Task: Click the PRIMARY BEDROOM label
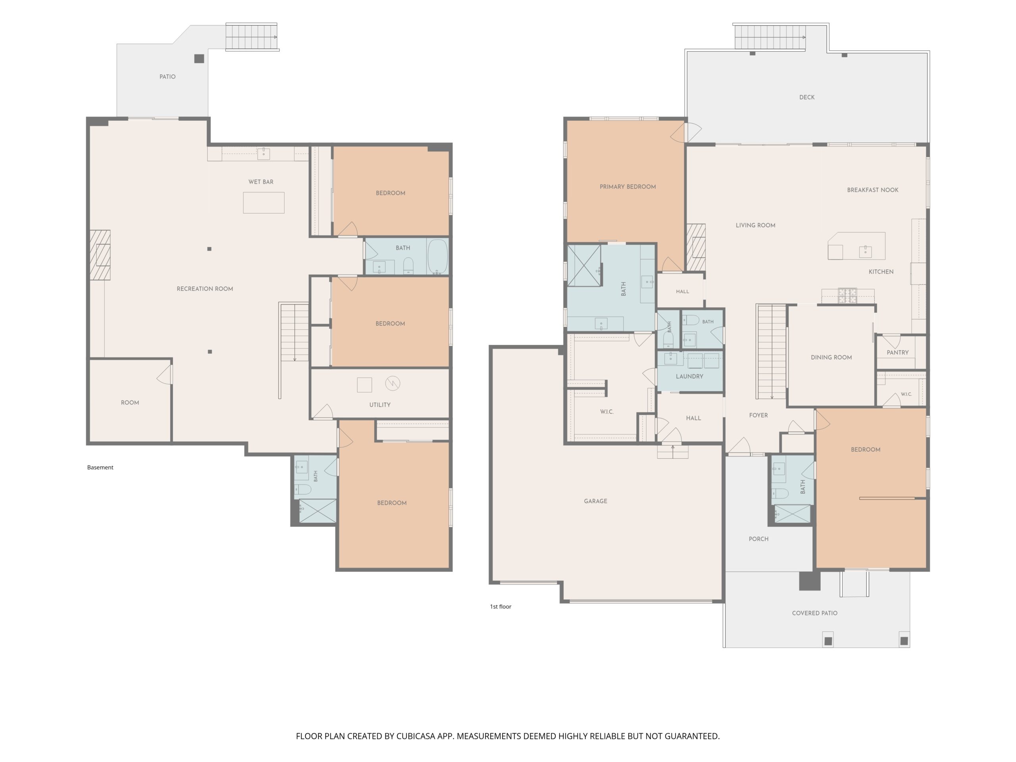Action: tap(627, 187)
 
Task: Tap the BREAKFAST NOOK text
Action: tap(873, 190)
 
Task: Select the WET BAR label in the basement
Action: tap(261, 182)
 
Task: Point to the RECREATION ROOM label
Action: tap(205, 289)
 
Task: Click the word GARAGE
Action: tap(596, 501)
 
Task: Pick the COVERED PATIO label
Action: tap(815, 613)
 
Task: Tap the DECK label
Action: tap(807, 97)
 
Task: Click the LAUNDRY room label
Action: tap(689, 376)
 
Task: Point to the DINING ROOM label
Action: tap(831, 357)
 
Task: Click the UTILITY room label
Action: tap(380, 405)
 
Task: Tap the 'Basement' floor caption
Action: tap(100, 468)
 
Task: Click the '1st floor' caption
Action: tap(500, 607)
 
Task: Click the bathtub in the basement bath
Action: tap(438, 256)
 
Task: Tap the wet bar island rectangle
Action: tap(264, 202)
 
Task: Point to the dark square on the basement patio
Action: tap(199, 59)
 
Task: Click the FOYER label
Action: tap(758, 415)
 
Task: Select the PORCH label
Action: tap(758, 539)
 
